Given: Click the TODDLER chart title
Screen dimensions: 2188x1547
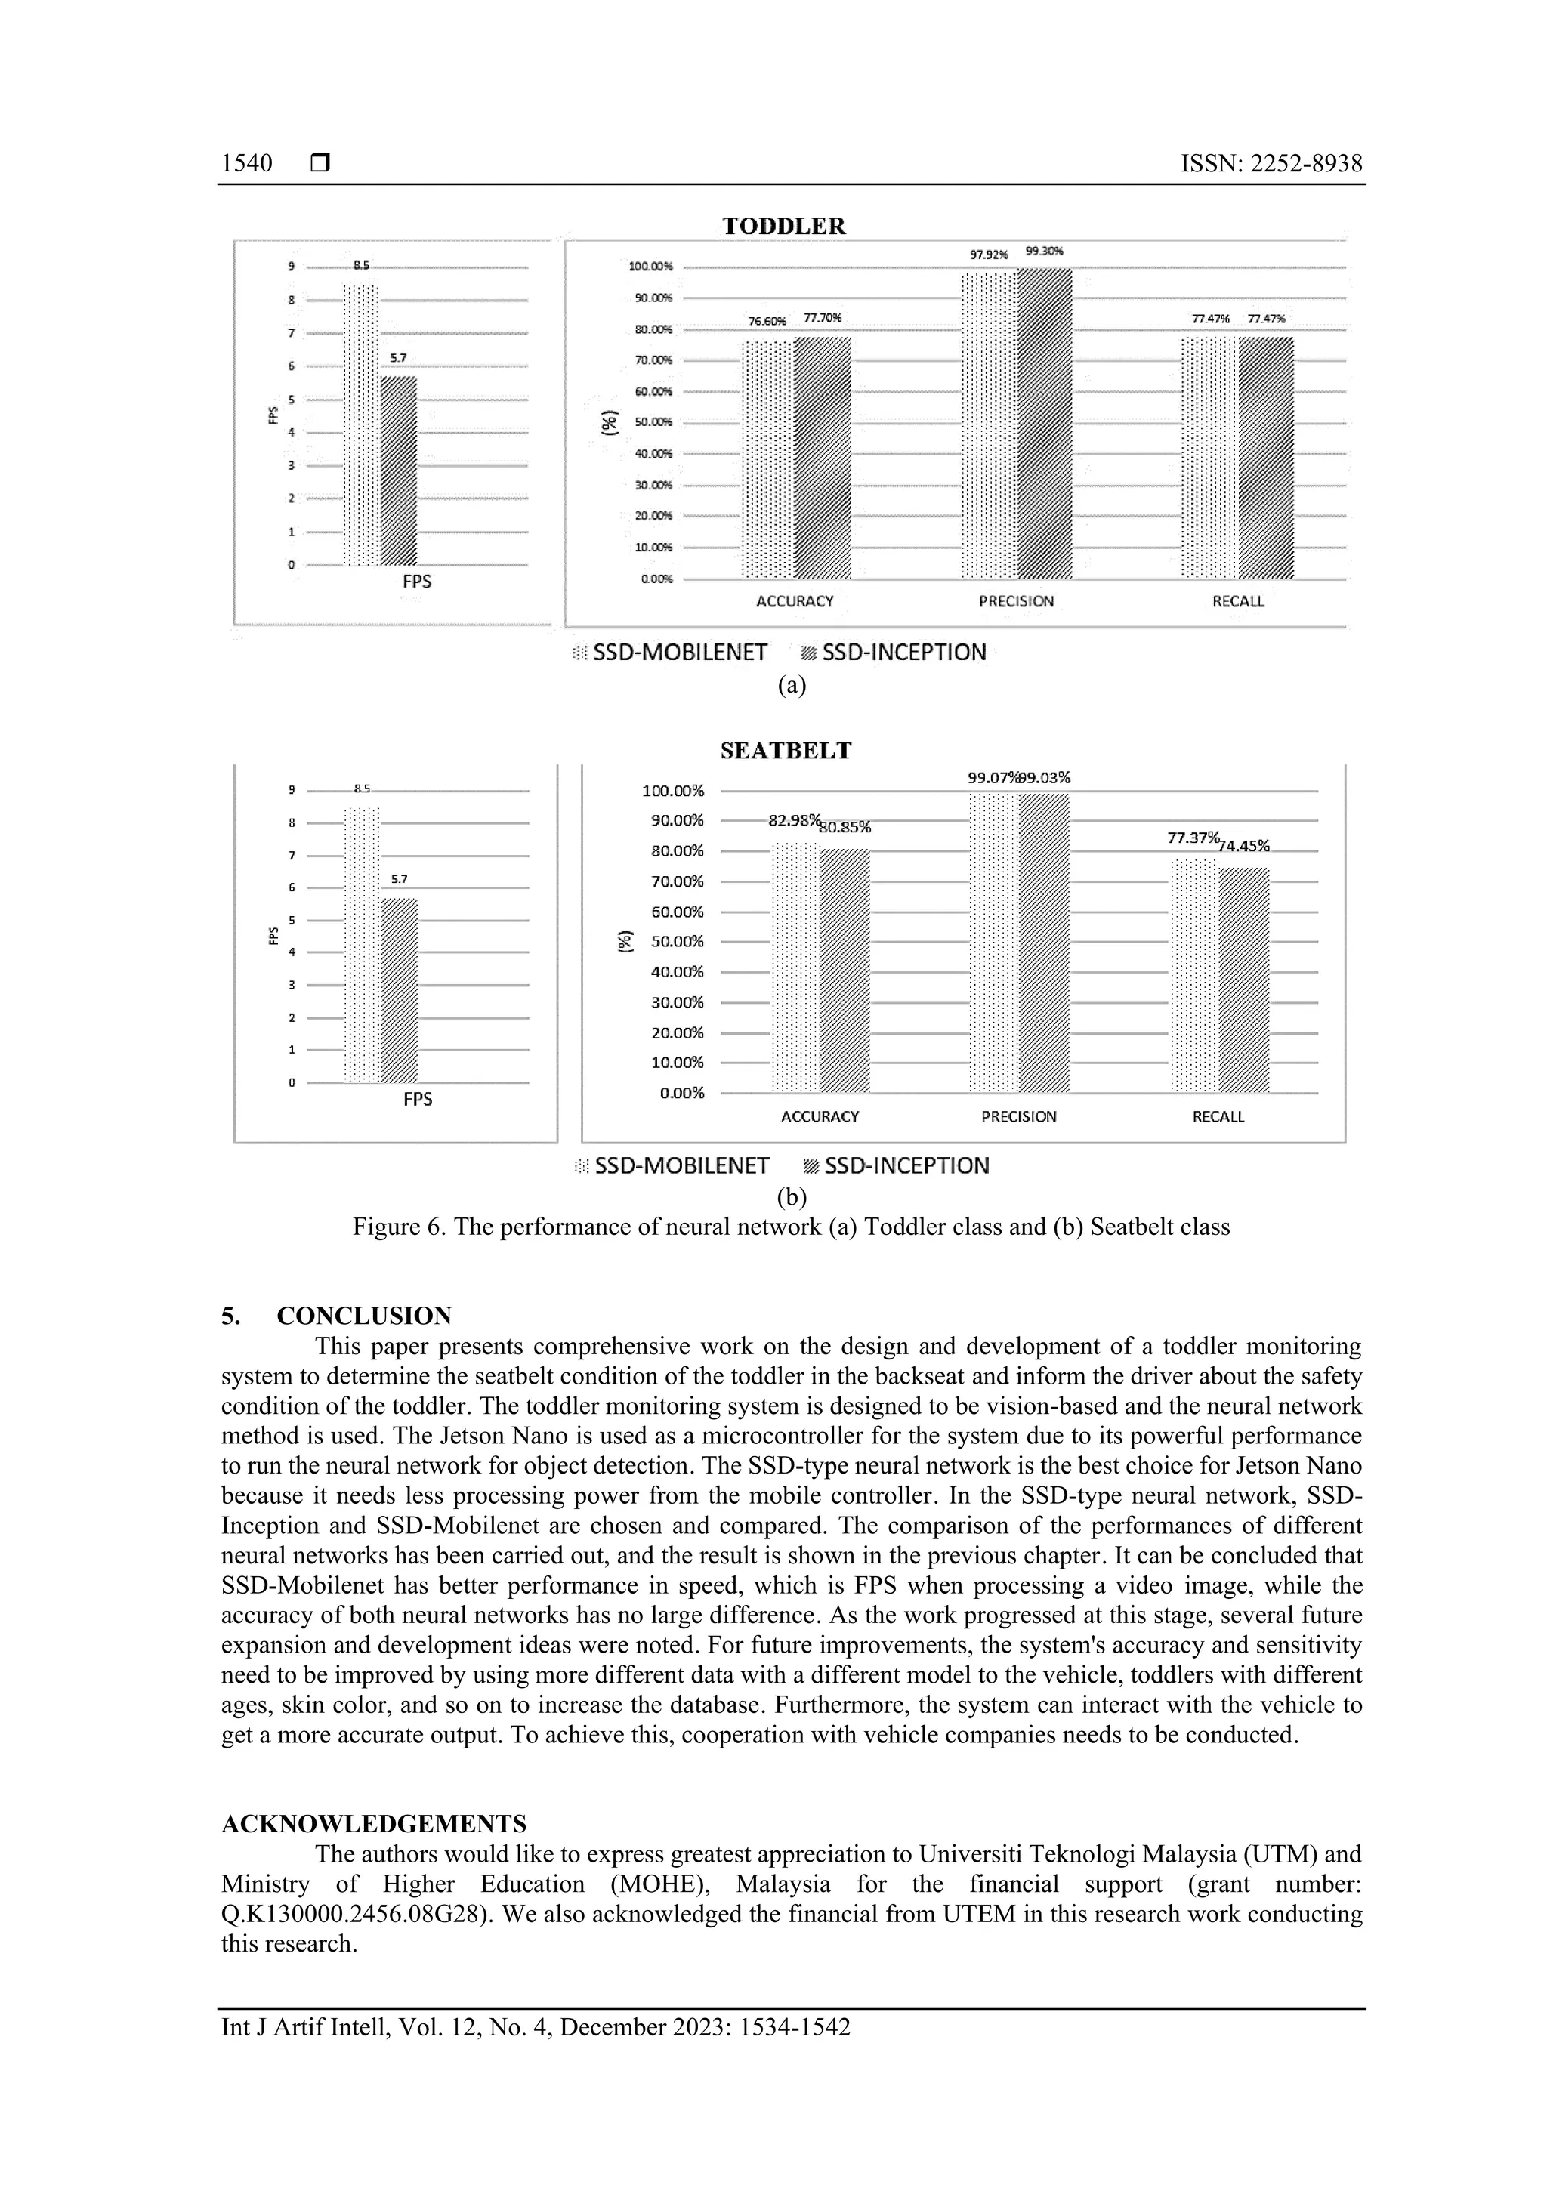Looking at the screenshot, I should [783, 226].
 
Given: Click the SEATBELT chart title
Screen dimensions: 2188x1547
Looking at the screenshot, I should [786, 751].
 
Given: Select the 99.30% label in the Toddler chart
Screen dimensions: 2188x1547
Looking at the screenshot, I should [1044, 252].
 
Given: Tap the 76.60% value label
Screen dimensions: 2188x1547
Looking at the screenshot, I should [767, 321].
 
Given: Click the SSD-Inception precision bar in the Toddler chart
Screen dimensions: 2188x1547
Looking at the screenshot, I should [1045, 424].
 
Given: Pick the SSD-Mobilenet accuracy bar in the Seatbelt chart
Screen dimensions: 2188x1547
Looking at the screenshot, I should [795, 967].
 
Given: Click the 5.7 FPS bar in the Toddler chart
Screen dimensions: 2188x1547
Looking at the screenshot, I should [397, 472].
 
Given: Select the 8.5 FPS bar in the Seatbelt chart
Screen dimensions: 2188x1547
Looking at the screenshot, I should [363, 946].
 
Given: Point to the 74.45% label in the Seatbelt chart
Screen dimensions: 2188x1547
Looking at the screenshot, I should [1244, 846].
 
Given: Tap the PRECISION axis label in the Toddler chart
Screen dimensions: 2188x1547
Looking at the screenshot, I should [1016, 601].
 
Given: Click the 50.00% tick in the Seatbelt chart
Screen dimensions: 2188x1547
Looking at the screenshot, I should [677, 942].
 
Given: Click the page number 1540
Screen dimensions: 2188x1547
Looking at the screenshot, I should [247, 164].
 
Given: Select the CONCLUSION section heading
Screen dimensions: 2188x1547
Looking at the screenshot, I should [363, 1316].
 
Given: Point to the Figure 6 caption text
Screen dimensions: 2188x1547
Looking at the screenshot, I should [791, 1227].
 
